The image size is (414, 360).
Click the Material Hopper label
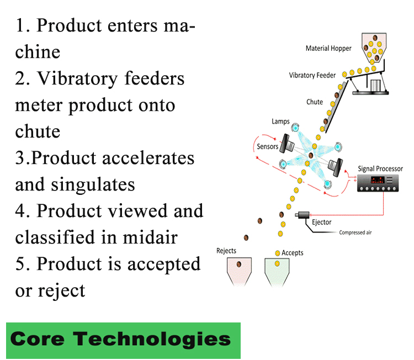point(328,49)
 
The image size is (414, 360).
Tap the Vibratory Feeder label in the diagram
point(312,75)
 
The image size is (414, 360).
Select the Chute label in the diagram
point(315,102)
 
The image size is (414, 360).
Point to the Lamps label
point(280,121)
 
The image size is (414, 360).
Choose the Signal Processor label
point(384,168)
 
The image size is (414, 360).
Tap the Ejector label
point(322,223)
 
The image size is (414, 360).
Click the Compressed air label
point(355,233)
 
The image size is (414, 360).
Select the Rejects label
point(226,251)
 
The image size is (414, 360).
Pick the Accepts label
point(293,253)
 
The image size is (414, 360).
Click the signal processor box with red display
point(378,183)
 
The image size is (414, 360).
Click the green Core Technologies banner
point(124,338)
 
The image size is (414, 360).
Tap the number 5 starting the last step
point(20,264)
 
